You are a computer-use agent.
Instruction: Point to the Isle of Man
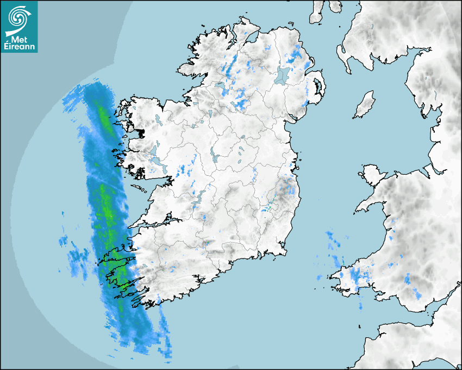point(365,104)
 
